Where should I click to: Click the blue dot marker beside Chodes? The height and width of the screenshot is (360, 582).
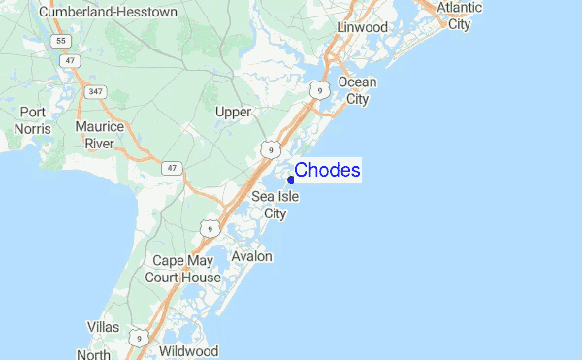291,179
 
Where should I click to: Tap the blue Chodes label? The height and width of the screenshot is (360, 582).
328,171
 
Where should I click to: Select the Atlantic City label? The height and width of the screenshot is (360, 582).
459,16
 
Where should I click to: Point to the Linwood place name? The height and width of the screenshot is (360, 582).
362,27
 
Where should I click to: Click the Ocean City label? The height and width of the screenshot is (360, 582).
357,90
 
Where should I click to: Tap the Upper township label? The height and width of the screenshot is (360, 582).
233,112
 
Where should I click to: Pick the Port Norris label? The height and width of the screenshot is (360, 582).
32,119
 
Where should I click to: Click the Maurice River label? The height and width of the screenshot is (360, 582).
100,136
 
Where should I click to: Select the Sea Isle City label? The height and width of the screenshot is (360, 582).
275,205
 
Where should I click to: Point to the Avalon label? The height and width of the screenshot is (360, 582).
251,256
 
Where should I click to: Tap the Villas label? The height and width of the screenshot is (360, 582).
103,327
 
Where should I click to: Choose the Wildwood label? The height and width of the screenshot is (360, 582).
189,350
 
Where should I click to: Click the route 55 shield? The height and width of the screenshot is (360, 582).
61,42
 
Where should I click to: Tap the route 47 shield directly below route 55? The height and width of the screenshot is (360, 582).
70,61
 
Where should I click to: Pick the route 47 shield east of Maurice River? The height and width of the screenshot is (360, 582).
173,168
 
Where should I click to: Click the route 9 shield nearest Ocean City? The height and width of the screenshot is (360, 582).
318,90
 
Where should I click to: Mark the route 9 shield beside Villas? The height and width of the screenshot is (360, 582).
140,338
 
